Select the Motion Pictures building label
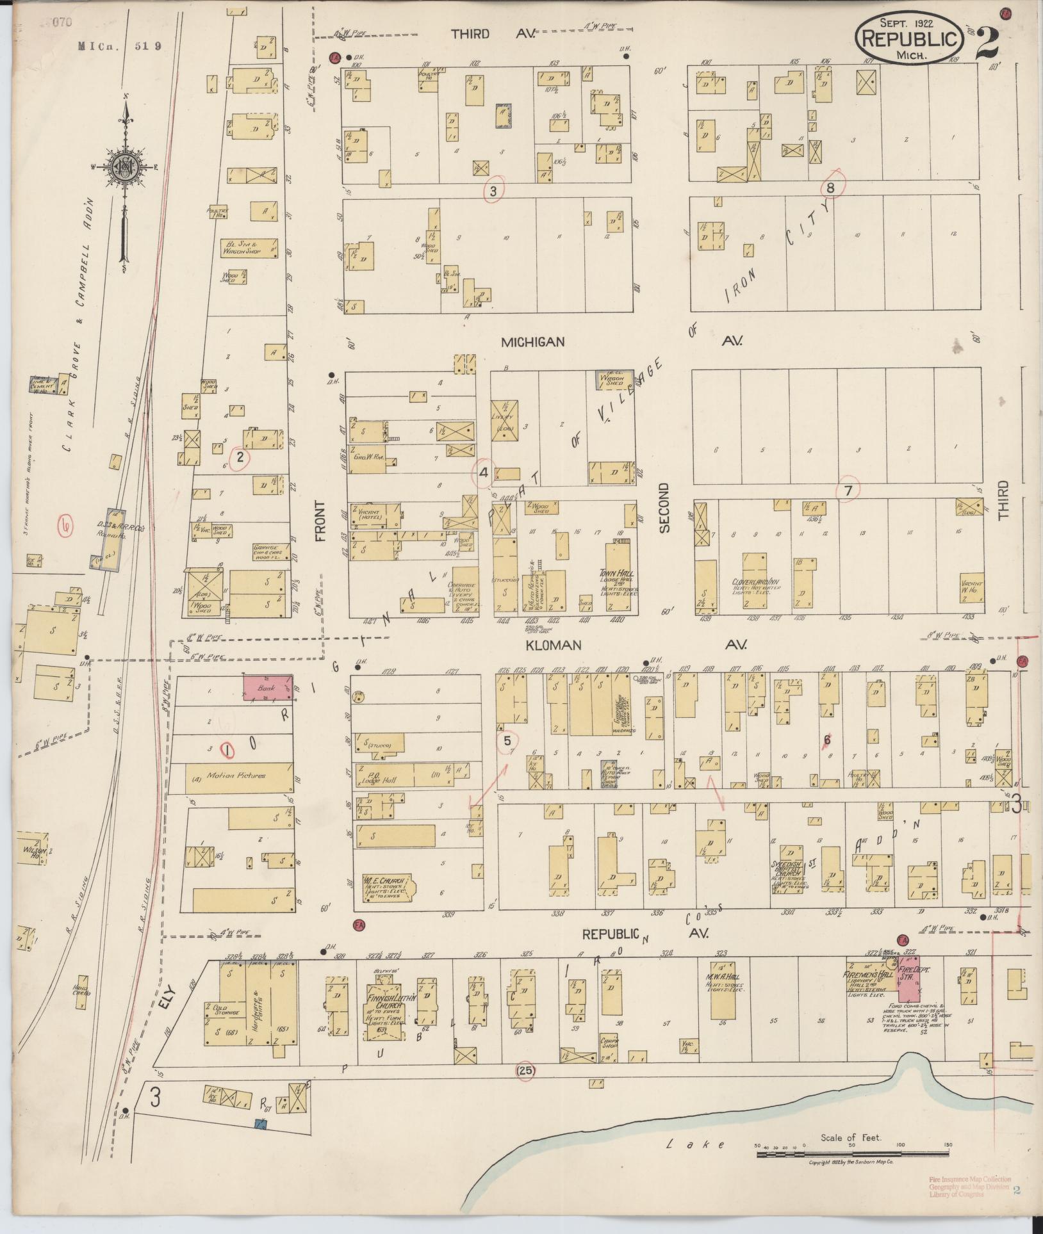tap(235, 775)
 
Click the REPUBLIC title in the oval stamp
tap(908, 38)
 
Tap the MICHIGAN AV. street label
tap(533, 342)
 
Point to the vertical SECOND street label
tap(664, 507)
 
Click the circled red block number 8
tap(830, 188)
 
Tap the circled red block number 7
tap(848, 491)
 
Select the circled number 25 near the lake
tap(524, 1069)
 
